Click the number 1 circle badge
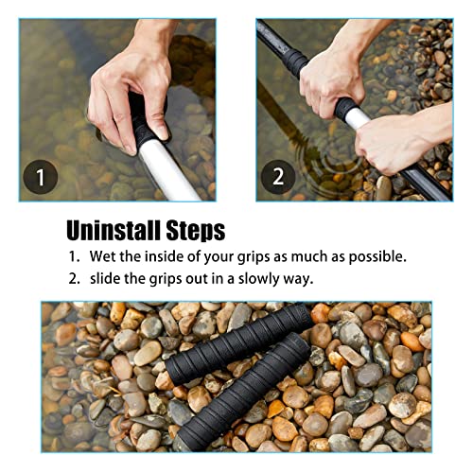pos(40,176)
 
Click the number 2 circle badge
pos(277,176)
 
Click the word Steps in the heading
pos(194,230)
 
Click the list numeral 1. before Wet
pos(73,257)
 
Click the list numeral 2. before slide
pos(73,279)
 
